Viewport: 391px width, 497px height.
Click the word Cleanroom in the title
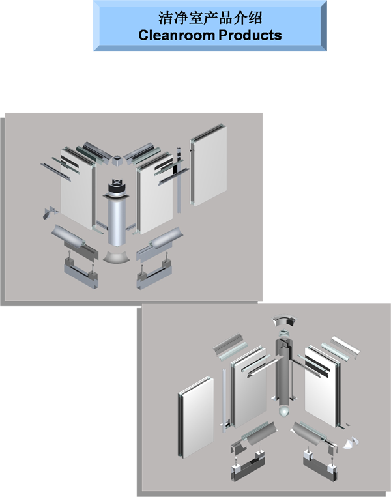click(177, 35)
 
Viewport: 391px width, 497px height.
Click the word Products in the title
click(250, 35)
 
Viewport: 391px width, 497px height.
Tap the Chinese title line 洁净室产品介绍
click(210, 18)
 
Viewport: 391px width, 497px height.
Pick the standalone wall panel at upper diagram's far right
click(209, 165)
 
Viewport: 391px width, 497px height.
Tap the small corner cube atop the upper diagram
click(117, 160)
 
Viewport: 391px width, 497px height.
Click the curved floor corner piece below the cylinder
click(117, 257)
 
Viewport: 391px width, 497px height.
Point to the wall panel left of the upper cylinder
click(77, 190)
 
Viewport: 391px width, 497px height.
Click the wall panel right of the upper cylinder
click(155, 193)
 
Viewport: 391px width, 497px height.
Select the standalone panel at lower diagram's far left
click(195, 416)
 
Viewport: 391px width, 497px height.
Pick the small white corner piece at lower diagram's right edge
click(351, 444)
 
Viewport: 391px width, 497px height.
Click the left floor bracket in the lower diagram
click(248, 465)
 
